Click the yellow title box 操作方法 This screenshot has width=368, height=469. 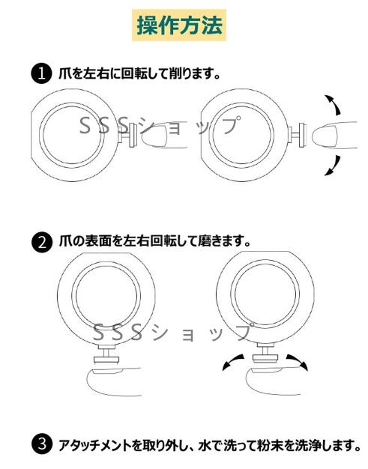(179, 25)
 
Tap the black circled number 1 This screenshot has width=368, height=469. (41, 73)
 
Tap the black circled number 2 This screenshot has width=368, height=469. (42, 242)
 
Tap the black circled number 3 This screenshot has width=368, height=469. (42, 444)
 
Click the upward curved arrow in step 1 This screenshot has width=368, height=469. (334, 104)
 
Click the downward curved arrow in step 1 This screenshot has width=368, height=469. (334, 166)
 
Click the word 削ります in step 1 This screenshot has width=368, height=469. (194, 73)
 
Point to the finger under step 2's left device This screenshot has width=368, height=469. (114, 382)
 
